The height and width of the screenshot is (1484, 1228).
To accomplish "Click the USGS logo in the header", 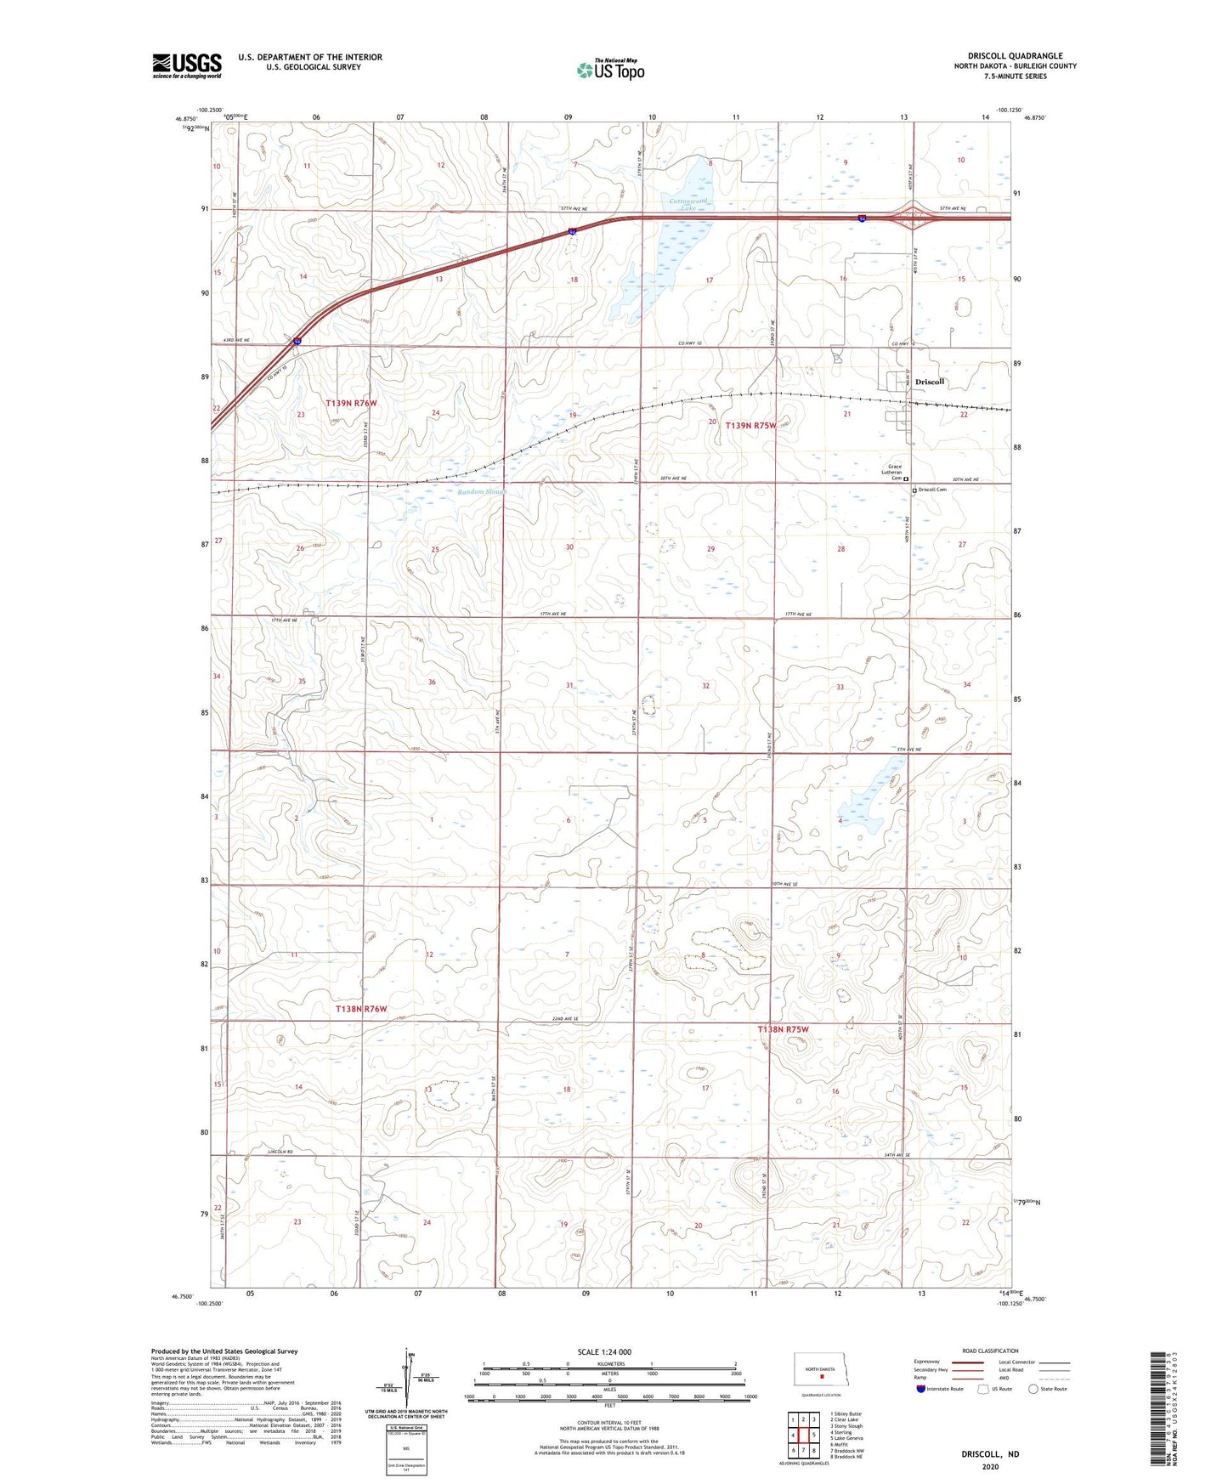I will (187, 65).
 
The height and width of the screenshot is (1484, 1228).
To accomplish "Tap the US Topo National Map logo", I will (610, 69).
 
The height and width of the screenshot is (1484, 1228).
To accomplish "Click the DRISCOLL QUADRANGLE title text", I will (1015, 56).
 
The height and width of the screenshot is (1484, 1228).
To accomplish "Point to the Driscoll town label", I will (930, 382).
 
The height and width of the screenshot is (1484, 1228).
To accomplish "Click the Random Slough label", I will (482, 492).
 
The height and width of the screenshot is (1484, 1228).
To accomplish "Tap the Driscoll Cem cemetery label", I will (932, 490).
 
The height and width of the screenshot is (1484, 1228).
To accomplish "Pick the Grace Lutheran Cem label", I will (895, 472).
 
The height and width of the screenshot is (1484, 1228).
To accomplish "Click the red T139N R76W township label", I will (351, 403).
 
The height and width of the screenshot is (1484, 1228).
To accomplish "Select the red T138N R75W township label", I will (783, 1029).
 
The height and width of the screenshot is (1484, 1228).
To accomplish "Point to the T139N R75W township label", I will (750, 425).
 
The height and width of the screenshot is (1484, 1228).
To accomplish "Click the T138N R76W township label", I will (361, 1009).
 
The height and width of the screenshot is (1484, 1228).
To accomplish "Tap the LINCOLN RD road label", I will (280, 1153).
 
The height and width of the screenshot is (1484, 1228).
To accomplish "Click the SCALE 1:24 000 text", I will (604, 1352).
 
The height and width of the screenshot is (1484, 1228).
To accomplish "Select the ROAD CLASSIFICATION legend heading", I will (990, 1351).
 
